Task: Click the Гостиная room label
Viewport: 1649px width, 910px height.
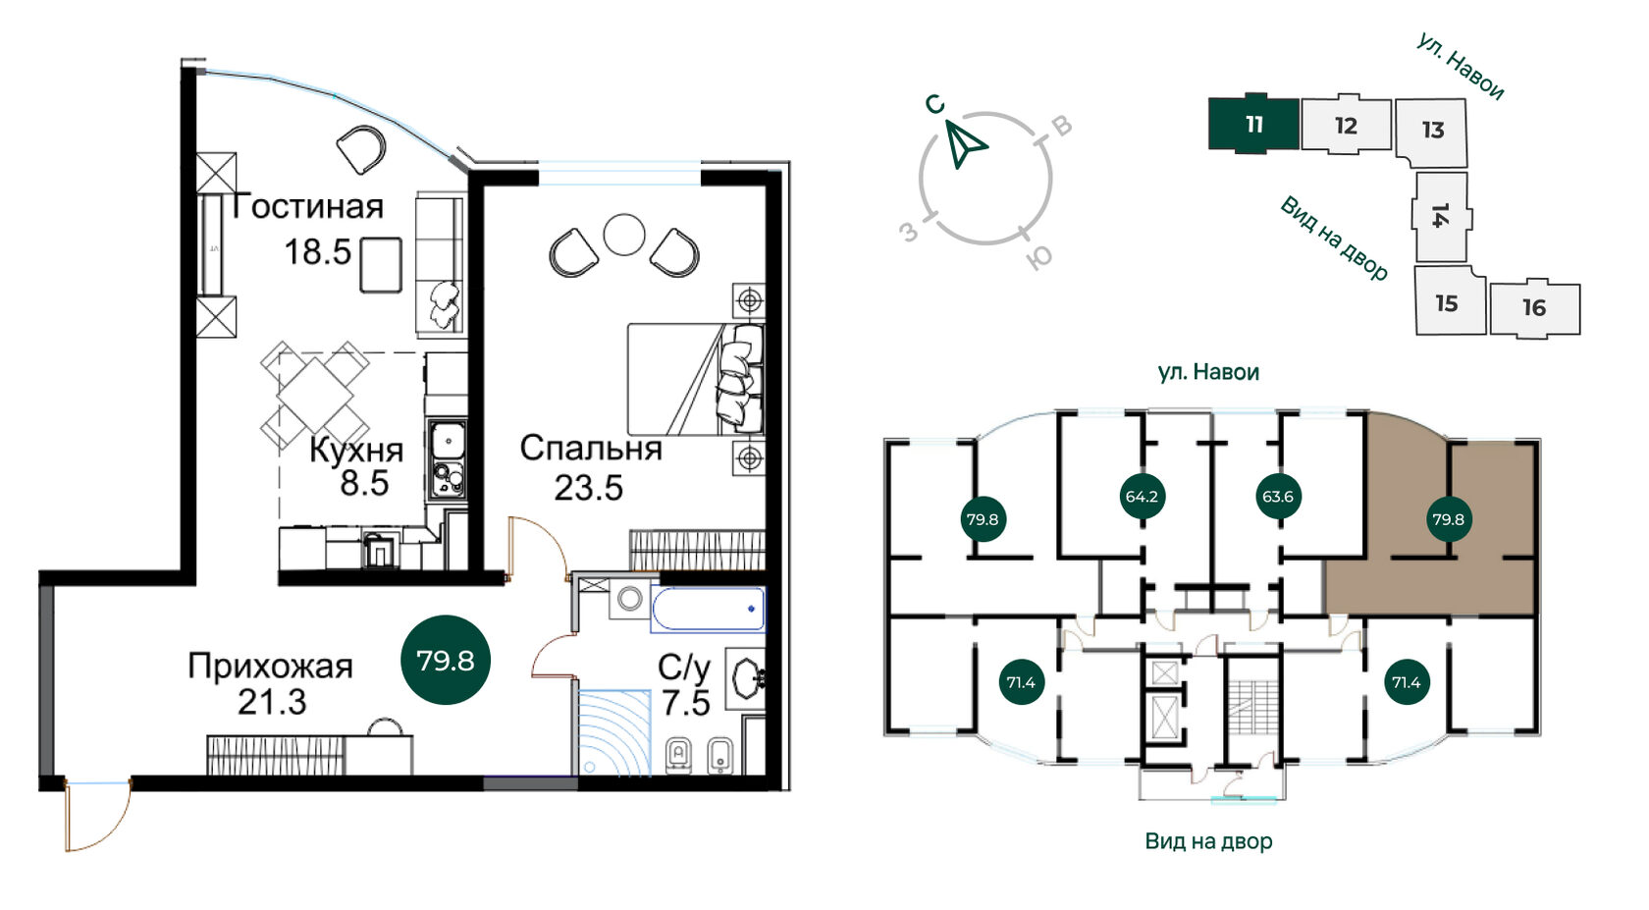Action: click(308, 206)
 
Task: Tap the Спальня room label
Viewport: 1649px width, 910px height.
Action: click(591, 448)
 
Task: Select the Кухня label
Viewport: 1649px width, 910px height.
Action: click(356, 450)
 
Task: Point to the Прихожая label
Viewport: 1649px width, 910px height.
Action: click(270, 667)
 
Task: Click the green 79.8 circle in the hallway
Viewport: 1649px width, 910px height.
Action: click(446, 660)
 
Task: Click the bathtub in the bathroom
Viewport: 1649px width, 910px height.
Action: click(709, 609)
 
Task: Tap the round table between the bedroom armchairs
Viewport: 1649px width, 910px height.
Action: click(624, 234)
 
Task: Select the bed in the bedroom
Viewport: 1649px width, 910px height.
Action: click(696, 379)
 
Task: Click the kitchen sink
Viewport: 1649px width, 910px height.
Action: click(447, 441)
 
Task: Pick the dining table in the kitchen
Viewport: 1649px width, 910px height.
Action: click(314, 395)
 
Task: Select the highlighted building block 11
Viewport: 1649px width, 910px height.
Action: click(1253, 124)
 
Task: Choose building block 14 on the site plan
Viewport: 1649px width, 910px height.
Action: click(1441, 216)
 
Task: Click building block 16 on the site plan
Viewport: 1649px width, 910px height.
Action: click(1535, 308)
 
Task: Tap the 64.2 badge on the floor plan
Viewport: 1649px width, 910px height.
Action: click(1141, 497)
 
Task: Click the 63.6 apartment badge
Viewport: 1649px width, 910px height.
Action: click(1277, 497)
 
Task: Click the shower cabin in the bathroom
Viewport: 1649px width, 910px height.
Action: click(614, 732)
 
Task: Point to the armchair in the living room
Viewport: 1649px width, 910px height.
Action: click(361, 150)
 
